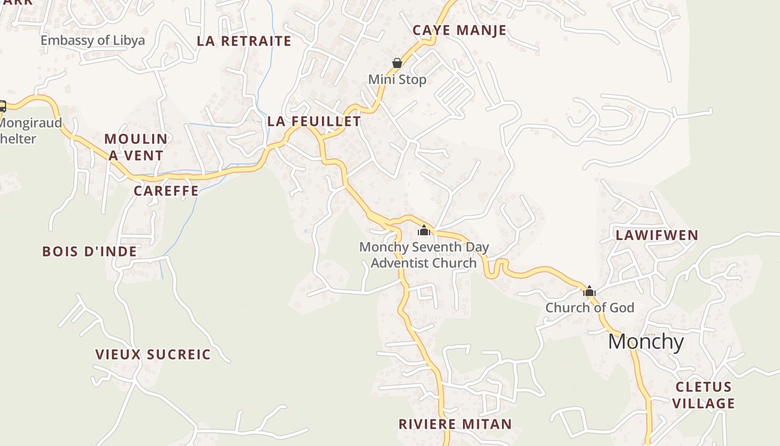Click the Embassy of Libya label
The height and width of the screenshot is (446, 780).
click(x=92, y=40)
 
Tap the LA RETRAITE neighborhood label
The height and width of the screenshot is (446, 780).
click(x=244, y=41)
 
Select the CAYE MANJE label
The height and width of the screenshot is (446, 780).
click(x=459, y=30)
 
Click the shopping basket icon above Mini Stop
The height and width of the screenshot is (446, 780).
click(x=397, y=63)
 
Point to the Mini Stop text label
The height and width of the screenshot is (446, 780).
click(x=397, y=80)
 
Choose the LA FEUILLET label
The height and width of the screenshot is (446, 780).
click(x=314, y=121)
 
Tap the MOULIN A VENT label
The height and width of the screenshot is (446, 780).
click(x=136, y=147)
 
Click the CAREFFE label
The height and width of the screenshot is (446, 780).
click(x=166, y=191)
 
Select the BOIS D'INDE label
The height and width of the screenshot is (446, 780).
click(x=90, y=251)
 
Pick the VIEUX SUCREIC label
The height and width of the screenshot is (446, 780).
click(x=153, y=355)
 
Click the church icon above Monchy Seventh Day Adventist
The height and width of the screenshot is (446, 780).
click(x=424, y=230)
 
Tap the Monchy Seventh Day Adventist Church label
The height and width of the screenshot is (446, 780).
click(x=424, y=255)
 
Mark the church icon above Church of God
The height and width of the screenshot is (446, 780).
click(x=589, y=291)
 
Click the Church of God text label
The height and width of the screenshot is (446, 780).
click(x=589, y=308)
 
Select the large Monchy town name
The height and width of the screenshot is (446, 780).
click(x=646, y=341)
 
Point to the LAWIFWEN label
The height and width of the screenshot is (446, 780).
click(x=657, y=235)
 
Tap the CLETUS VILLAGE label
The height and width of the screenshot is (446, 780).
click(x=704, y=395)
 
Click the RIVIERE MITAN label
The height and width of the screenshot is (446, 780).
click(x=455, y=424)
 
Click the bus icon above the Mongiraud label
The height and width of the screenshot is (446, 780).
click(x=2, y=106)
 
